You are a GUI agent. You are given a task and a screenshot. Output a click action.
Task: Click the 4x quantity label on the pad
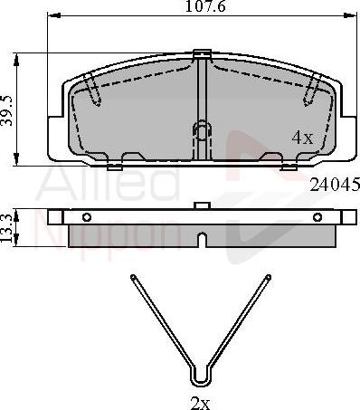[x=302, y=138]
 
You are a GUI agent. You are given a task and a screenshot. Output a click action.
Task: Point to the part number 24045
[x=335, y=184]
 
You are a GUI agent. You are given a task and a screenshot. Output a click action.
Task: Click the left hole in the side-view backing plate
[x=86, y=217]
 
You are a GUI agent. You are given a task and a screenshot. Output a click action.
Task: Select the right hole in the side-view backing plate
[x=317, y=217]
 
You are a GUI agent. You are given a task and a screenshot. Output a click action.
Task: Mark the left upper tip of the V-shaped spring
[x=133, y=277]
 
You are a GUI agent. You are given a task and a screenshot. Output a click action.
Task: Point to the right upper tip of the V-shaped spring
[x=267, y=277]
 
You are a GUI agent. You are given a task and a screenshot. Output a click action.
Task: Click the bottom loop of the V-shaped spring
[x=200, y=377]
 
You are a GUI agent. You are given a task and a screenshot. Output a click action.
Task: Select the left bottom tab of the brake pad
[x=114, y=166]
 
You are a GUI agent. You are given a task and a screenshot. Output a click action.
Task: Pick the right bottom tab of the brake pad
[x=288, y=166]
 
